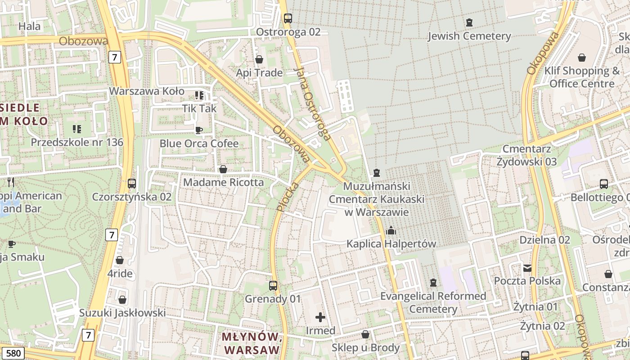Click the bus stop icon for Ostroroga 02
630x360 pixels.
(288, 18)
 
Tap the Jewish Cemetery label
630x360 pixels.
(469, 36)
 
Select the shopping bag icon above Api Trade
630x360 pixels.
(259, 59)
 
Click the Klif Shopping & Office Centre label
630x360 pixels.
(582, 77)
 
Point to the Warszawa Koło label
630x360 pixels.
(147, 91)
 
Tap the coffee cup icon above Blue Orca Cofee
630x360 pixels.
(198, 130)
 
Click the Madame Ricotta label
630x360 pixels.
(223, 182)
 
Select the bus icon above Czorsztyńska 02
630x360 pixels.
(132, 184)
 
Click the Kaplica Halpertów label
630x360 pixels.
(391, 244)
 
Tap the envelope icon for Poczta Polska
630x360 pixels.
(527, 268)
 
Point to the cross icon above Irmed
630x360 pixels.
(320, 317)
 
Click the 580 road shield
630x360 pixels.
(13, 353)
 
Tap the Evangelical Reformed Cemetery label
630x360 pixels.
(433, 302)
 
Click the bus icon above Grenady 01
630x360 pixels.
(273, 285)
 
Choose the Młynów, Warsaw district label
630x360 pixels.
(250, 343)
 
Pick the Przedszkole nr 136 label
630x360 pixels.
(77, 142)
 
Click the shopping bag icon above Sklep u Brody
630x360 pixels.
(365, 335)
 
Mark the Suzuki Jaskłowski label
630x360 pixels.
(122, 313)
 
